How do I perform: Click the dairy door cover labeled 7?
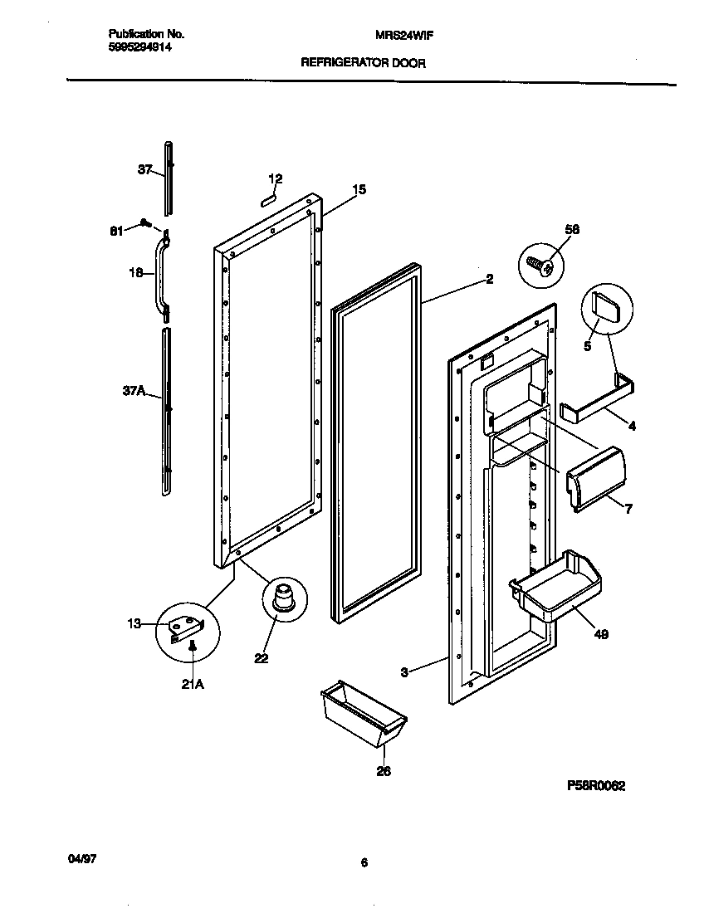click(594, 476)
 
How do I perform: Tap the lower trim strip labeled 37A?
click(167, 411)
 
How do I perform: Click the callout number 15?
click(358, 190)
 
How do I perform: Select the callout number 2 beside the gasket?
click(489, 280)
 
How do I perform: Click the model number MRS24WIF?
click(403, 35)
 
